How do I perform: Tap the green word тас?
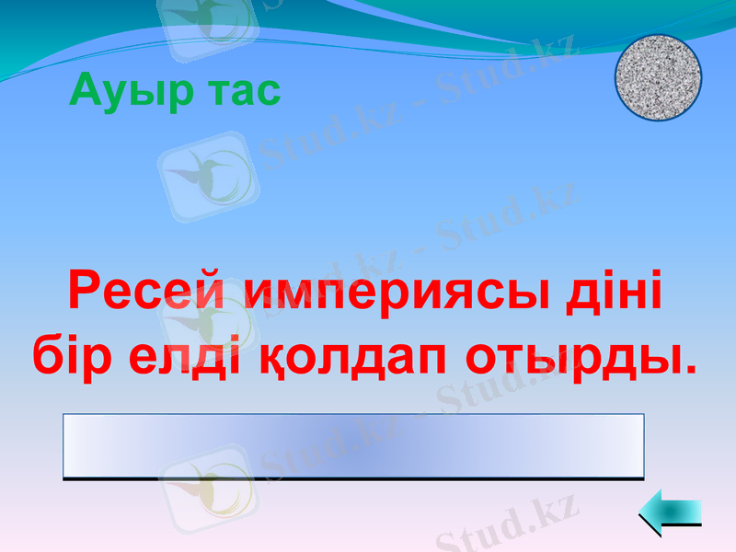[239, 92]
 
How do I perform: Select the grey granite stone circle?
[658, 77]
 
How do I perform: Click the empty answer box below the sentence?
[353, 446]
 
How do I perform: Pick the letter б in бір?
[48, 354]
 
